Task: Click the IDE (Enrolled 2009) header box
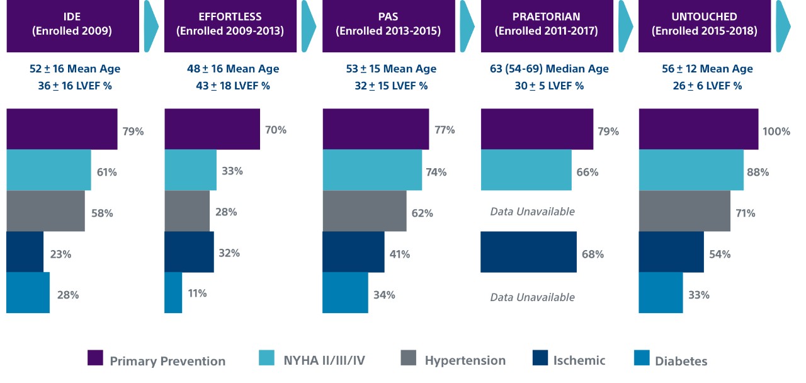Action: click(x=72, y=26)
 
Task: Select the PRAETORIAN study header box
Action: click(x=547, y=26)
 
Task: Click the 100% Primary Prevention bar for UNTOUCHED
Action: click(x=698, y=129)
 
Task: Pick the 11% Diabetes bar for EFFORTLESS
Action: click(x=173, y=293)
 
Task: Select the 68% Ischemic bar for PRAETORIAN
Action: click(x=528, y=252)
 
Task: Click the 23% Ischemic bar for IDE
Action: click(x=25, y=252)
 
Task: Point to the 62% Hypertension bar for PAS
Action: click(x=365, y=211)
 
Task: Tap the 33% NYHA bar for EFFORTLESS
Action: click(x=190, y=170)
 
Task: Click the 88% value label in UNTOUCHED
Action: click(x=758, y=172)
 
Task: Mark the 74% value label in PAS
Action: click(x=436, y=172)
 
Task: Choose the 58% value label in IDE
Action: click(x=102, y=213)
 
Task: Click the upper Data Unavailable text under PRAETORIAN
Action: click(x=532, y=212)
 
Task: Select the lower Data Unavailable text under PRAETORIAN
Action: click(x=532, y=297)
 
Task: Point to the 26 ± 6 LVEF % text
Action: click(x=707, y=86)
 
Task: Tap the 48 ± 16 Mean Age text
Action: click(x=233, y=69)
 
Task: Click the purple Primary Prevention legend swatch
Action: click(x=95, y=358)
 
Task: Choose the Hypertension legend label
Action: click(x=465, y=360)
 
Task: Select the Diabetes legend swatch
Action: click(x=642, y=358)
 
